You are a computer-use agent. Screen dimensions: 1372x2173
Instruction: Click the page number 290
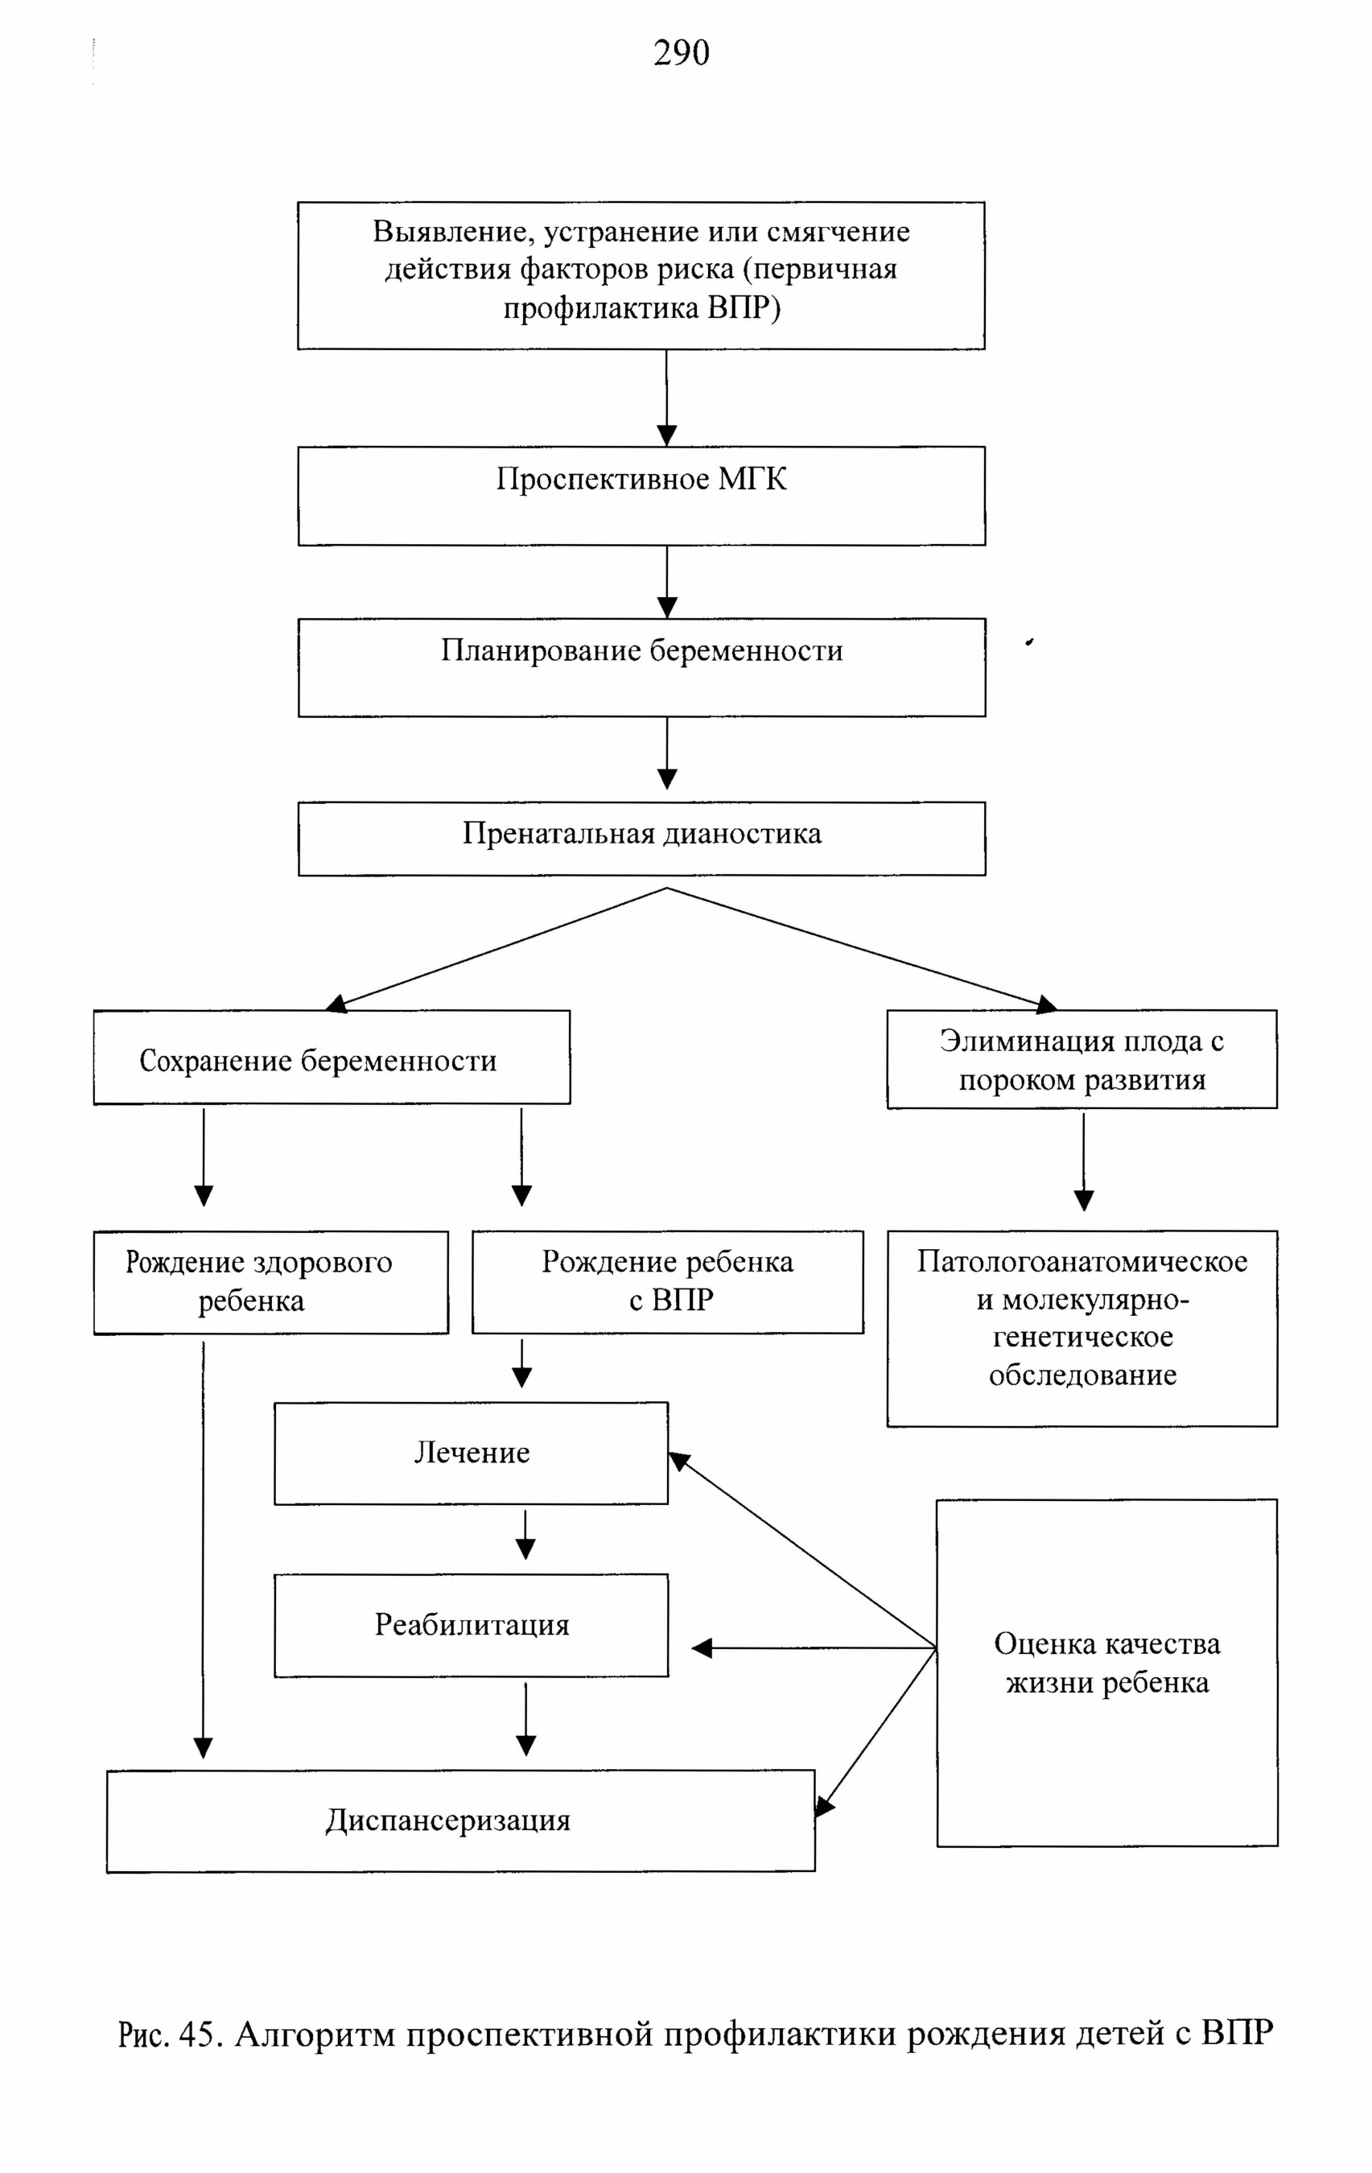(681, 52)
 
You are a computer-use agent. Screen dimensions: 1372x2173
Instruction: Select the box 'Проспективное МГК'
(641, 496)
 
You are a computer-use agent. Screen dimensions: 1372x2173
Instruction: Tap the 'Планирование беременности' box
(641, 667)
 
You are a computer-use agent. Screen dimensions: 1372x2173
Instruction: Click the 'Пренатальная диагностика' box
(641, 839)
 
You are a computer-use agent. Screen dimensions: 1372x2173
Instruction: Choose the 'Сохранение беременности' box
(332, 1057)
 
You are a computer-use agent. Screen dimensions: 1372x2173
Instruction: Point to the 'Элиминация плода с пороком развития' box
(1082, 1058)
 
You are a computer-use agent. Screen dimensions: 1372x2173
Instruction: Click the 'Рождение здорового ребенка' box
(270, 1282)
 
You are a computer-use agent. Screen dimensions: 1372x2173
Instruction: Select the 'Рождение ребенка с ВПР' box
(668, 1281)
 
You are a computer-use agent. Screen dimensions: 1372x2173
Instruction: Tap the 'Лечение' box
(471, 1453)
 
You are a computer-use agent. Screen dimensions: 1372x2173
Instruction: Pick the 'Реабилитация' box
(471, 1625)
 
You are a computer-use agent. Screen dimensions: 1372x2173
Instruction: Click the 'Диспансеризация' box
(460, 1821)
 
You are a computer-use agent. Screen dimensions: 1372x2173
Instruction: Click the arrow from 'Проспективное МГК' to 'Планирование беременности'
(666, 582)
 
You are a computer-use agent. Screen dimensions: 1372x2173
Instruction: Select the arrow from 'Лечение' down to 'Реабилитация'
(525, 1534)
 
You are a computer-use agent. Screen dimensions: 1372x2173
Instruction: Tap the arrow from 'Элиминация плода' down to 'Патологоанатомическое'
(1083, 1161)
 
